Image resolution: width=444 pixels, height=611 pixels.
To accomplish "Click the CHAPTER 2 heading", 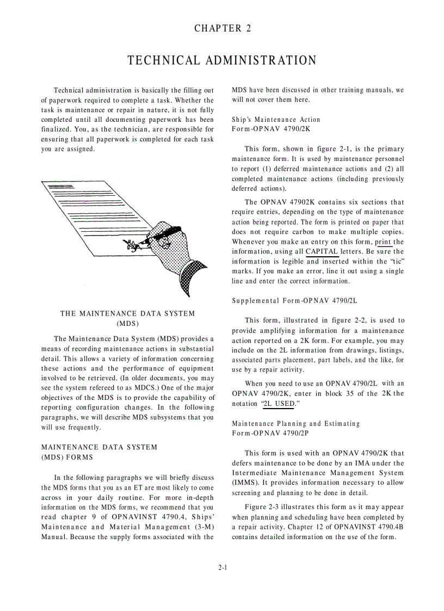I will (223, 29).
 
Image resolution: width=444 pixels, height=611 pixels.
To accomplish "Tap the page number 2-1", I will (223, 567).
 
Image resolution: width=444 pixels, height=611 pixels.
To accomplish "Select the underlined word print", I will (384, 242).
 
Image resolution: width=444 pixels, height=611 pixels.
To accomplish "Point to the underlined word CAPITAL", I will (322, 251).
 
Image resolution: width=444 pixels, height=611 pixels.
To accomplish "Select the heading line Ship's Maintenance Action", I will (276, 120).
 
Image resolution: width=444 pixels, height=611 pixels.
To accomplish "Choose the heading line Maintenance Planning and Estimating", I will (295, 423).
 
